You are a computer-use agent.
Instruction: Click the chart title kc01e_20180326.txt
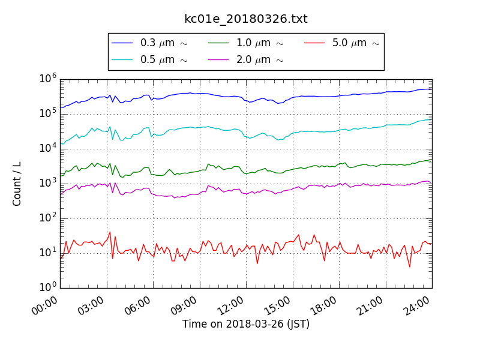click(x=245, y=19)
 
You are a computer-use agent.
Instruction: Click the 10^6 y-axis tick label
click(x=48, y=79)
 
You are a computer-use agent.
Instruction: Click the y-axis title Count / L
click(x=17, y=183)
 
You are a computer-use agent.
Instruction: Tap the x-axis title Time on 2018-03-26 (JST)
click(x=246, y=325)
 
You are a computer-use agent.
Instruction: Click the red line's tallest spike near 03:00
click(x=110, y=232)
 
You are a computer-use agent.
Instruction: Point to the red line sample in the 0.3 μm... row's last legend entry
click(x=314, y=43)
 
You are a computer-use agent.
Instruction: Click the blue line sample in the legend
click(x=122, y=43)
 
